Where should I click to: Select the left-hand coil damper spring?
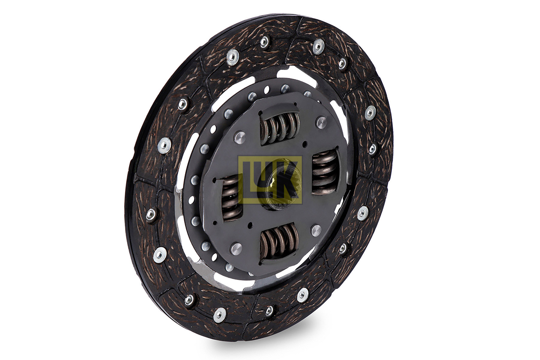[x=232, y=198]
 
